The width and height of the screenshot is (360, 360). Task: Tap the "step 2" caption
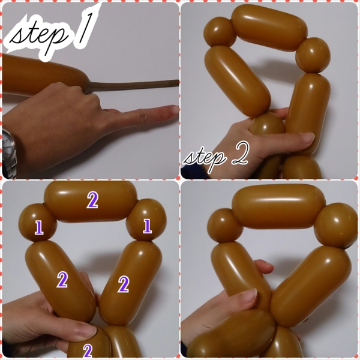pyautogui.click(x=216, y=157)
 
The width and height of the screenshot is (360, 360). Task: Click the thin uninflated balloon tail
pyautogui.click(x=133, y=85)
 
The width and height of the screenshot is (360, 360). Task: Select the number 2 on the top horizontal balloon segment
pyautogui.click(x=92, y=200)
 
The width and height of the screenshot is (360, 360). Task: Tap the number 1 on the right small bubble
pyautogui.click(x=147, y=226)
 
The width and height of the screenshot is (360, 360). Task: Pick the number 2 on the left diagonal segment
pyautogui.click(x=62, y=280)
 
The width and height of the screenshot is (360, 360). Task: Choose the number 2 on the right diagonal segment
pyautogui.click(x=123, y=284)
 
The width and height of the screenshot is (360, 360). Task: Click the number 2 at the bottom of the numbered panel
pyautogui.click(x=88, y=350)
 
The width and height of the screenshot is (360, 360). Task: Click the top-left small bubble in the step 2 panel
pyautogui.click(x=220, y=32)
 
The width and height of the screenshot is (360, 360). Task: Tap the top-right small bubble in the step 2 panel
pyautogui.click(x=313, y=55)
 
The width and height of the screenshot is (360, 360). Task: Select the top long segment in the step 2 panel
pyautogui.click(x=269, y=28)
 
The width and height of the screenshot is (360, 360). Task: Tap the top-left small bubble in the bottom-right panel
pyautogui.click(x=225, y=226)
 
